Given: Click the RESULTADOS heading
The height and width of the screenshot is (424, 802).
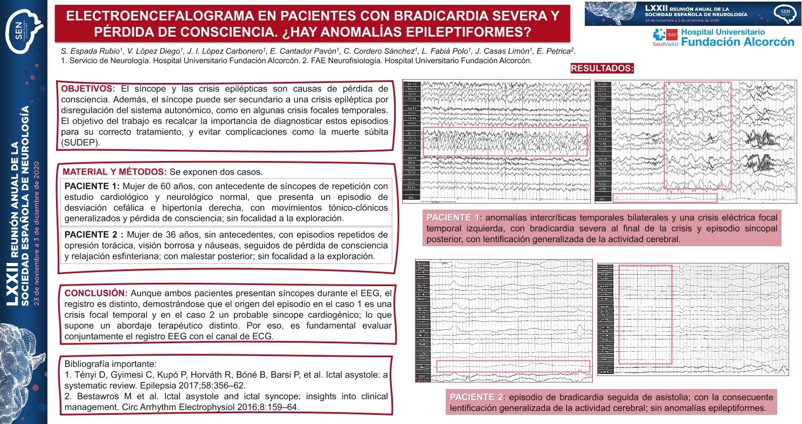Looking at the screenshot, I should [601, 68].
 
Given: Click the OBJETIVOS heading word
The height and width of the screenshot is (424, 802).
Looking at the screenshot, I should [88, 88].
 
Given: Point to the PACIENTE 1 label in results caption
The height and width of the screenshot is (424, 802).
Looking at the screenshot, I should [452, 218].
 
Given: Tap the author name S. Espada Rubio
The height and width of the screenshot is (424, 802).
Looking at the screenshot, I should [89, 51].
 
